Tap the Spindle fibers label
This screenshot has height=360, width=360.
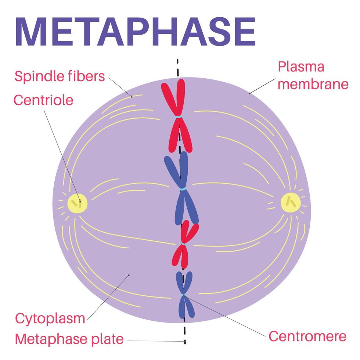click(x=60, y=77)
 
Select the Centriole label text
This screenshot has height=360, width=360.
click(x=43, y=100)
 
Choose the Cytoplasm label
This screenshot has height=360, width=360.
click(x=50, y=318)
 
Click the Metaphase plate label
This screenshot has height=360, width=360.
click(x=69, y=339)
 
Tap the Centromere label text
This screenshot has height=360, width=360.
click(x=307, y=336)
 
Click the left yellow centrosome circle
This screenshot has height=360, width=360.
click(x=78, y=203)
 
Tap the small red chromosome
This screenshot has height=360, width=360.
click(x=185, y=244)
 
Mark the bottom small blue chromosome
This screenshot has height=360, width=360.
click(x=184, y=295)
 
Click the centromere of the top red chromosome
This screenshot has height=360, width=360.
click(x=179, y=117)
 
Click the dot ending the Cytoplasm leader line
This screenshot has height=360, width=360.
click(x=129, y=274)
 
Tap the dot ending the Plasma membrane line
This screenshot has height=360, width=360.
click(x=250, y=93)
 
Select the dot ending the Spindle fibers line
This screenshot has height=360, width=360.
click(x=132, y=97)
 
